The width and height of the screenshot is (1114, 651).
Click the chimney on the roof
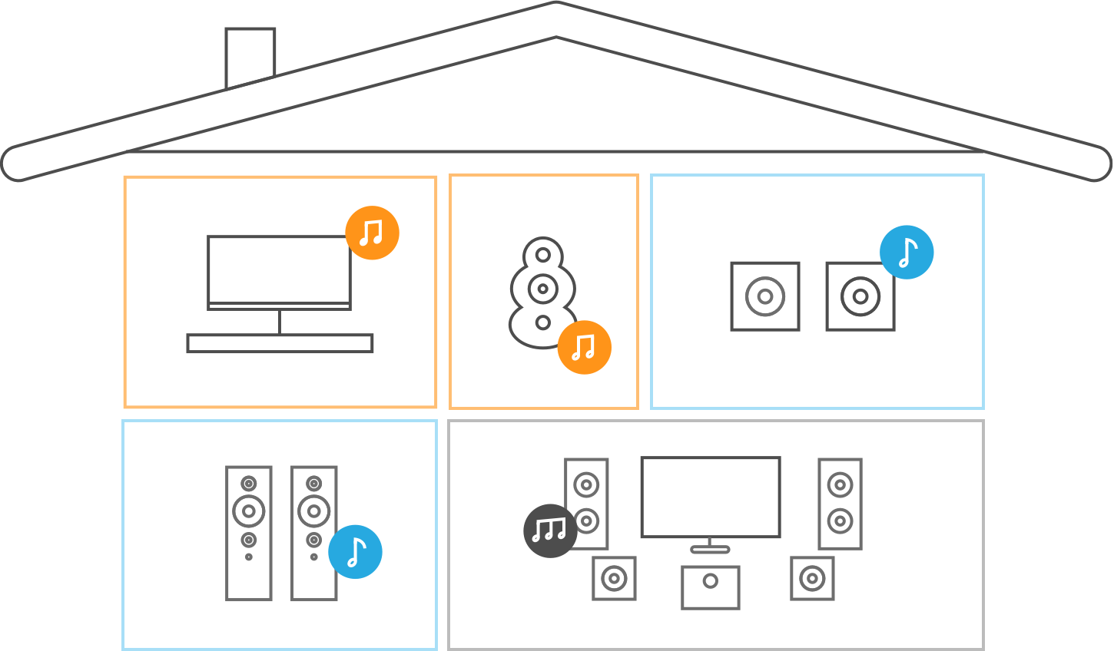tap(250, 55)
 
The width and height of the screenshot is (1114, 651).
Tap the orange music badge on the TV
tap(372, 232)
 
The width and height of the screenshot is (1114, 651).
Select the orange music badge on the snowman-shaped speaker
tap(584, 347)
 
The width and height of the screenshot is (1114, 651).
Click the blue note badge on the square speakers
tap(907, 252)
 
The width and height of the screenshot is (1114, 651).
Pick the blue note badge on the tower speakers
tap(355, 551)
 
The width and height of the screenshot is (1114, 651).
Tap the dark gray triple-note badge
tap(550, 530)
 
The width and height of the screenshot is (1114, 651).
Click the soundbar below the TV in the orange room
tap(280, 343)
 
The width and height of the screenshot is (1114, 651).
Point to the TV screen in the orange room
tap(278, 269)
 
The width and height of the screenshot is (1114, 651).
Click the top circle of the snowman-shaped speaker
tap(543, 253)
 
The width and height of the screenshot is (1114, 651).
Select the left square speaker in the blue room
tap(764, 296)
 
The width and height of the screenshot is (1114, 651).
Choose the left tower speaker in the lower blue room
tap(248, 533)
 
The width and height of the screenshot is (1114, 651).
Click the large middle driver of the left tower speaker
tap(248, 511)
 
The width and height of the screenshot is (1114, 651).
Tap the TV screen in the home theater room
tap(710, 497)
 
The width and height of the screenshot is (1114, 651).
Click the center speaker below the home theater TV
tap(710, 587)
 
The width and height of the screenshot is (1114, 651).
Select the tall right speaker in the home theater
tap(840, 504)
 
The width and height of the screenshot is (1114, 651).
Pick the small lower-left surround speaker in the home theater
tap(614, 578)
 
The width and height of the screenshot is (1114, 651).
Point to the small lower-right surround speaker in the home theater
tap(812, 578)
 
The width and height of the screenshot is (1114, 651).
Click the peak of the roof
tap(556, 5)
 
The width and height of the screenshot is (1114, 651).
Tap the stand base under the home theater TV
tap(710, 549)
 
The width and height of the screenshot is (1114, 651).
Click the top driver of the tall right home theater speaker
tap(840, 485)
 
